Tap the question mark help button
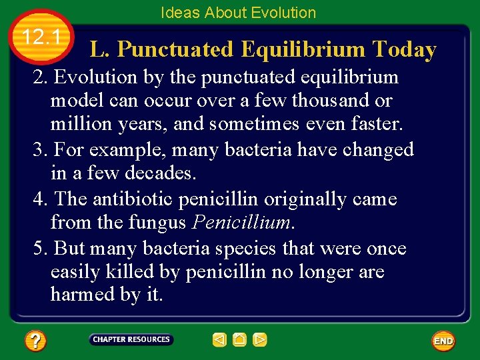pos(35,341)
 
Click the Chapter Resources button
pos(131,340)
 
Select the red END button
pos(443,341)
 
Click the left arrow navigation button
pos(219,340)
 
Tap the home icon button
pos(240,340)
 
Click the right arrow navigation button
pos(260,340)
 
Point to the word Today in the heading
pos(405,49)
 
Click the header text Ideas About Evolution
pos(238,13)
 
